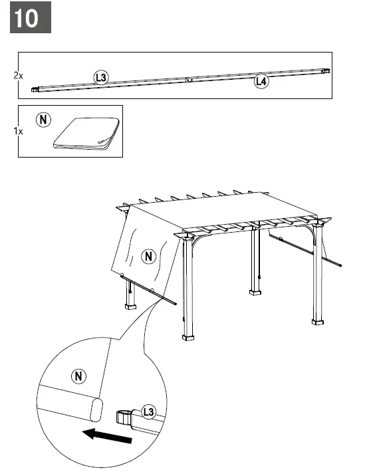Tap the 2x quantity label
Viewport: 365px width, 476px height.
18,76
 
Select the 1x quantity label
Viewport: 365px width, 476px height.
18,132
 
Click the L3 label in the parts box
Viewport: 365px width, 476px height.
101,78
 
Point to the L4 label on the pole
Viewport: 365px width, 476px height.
261,82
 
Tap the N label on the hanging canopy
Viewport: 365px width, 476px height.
150,255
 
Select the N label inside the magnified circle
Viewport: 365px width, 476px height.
79,376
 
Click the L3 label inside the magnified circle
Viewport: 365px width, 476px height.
148,414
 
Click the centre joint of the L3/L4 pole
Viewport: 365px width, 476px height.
189,79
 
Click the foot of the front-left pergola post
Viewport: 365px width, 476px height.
189,336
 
